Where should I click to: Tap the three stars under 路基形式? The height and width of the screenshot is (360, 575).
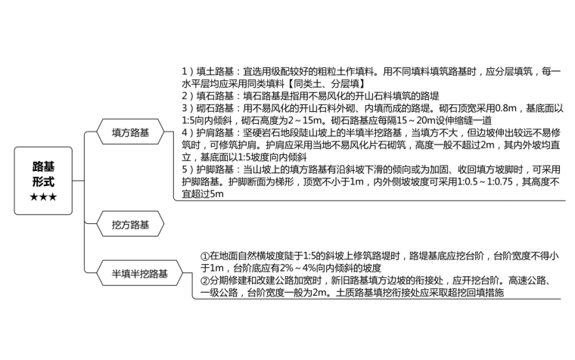pyautogui.click(x=42, y=197)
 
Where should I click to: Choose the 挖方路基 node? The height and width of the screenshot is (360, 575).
pyautogui.click(x=130, y=225)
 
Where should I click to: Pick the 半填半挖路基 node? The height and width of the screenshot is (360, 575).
pyautogui.click(x=140, y=273)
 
